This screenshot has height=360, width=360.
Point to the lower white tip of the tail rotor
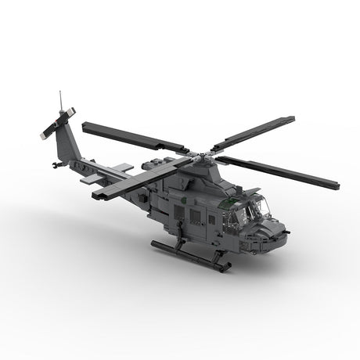pos(45,136)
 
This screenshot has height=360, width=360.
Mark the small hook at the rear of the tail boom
pos(54,164)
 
